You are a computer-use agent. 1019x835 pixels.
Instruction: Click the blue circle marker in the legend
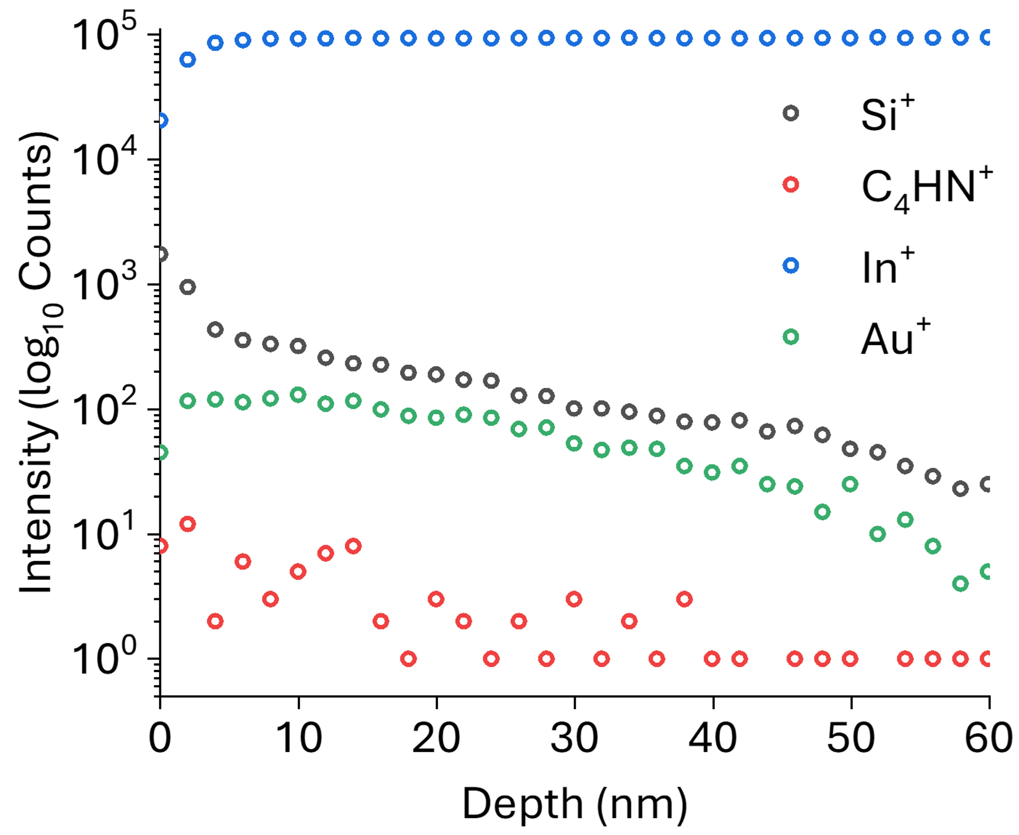pyautogui.click(x=791, y=265)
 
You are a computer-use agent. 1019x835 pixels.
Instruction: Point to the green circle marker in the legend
pyautogui.click(x=791, y=337)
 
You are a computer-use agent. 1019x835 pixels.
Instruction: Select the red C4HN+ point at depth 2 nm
pyautogui.click(x=188, y=524)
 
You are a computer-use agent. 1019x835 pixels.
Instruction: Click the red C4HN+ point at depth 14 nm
pyautogui.click(x=354, y=546)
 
